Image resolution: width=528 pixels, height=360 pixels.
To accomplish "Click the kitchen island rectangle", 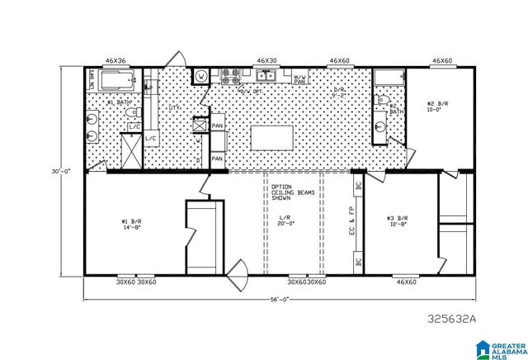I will click(272, 135).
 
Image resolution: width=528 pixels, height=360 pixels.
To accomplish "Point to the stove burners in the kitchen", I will click(229, 77).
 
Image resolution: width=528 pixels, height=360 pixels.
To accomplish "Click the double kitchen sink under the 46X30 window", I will click(266, 77).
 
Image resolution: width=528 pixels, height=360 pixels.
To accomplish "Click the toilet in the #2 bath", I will click(382, 100).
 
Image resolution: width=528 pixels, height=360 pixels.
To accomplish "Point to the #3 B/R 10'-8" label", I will click(398, 222).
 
